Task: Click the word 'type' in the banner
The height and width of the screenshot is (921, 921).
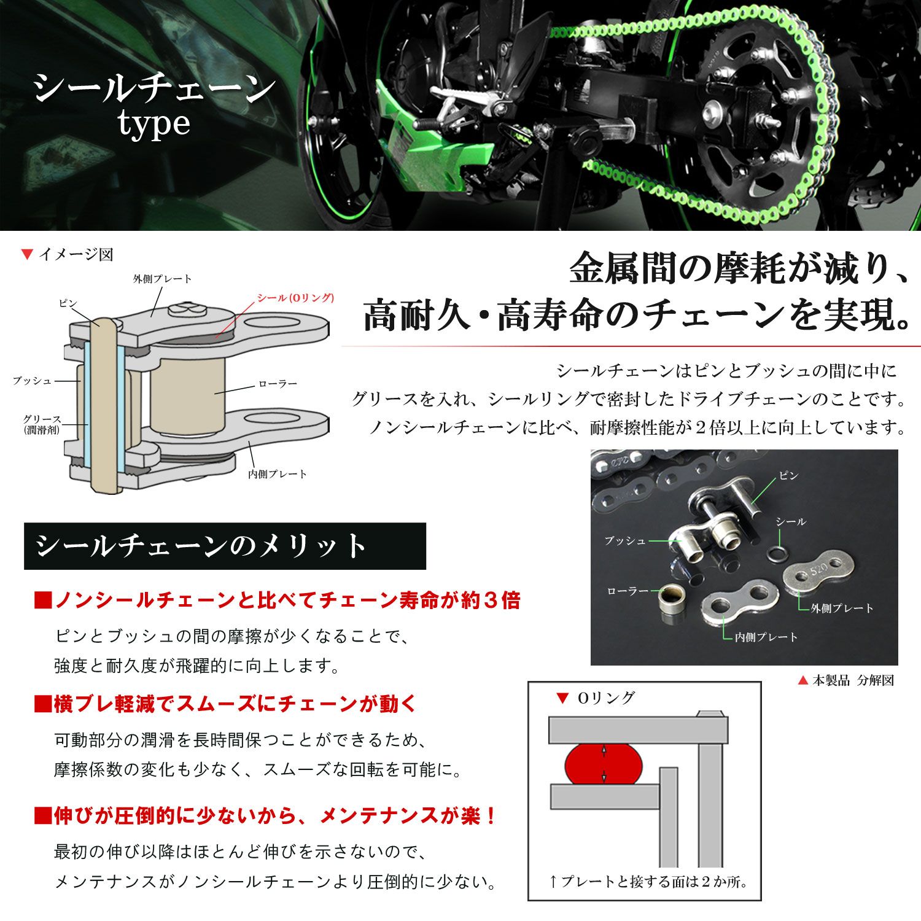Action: (154, 125)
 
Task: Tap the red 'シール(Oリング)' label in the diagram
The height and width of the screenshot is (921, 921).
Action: (295, 298)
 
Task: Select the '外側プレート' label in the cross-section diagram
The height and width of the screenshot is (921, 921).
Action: (163, 279)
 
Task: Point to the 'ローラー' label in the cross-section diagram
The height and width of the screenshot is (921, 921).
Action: (278, 384)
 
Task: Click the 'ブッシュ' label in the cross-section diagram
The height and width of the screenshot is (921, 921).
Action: (33, 381)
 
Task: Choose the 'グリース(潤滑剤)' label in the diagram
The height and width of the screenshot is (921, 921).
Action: (42, 424)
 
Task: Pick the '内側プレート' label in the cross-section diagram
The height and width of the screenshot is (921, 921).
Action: (278, 474)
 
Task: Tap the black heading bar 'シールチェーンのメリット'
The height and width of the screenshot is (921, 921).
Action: (225, 546)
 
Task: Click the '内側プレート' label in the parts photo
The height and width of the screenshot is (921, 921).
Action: (766, 637)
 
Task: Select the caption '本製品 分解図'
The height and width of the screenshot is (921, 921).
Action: (853, 680)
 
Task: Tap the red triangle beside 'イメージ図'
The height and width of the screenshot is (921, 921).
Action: (26, 254)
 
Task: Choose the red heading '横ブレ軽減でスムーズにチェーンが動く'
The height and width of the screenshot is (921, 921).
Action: (226, 704)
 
